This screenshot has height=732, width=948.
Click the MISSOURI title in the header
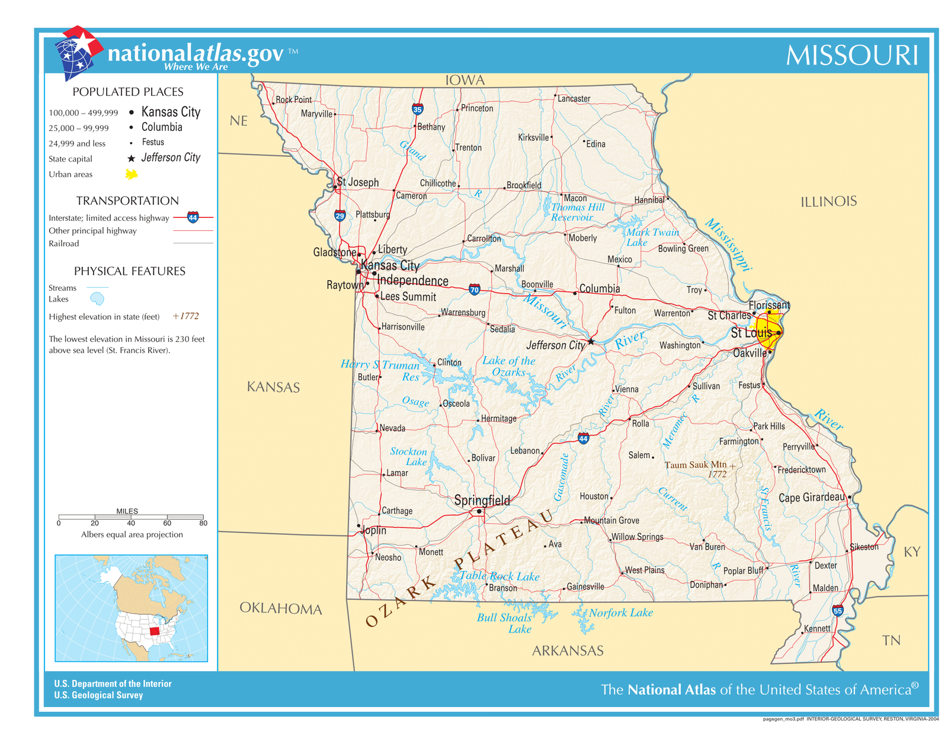[851, 56]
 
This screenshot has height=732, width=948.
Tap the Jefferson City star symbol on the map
[591, 342]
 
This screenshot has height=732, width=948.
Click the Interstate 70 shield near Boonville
[474, 290]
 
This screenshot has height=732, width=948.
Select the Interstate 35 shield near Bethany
[417, 110]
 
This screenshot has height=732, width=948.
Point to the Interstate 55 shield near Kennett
[837, 611]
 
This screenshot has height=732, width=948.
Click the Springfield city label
[482, 500]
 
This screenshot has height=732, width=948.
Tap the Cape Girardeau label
[811, 497]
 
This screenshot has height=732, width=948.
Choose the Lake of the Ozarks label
[508, 366]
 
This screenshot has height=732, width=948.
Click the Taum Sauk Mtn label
[696, 465]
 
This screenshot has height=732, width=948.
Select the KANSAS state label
[273, 387]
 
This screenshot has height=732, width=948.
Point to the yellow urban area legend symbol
[132, 174]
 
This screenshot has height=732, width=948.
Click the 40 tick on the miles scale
[131, 523]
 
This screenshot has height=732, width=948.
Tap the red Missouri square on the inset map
[155, 631]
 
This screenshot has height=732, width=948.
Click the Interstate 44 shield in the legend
[193, 217]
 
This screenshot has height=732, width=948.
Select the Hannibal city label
[649, 200]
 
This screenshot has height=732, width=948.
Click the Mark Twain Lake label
[652, 237]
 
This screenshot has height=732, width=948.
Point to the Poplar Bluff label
[743, 571]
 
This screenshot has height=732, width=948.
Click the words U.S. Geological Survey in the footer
[98, 695]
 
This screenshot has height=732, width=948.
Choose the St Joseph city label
[357, 182]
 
